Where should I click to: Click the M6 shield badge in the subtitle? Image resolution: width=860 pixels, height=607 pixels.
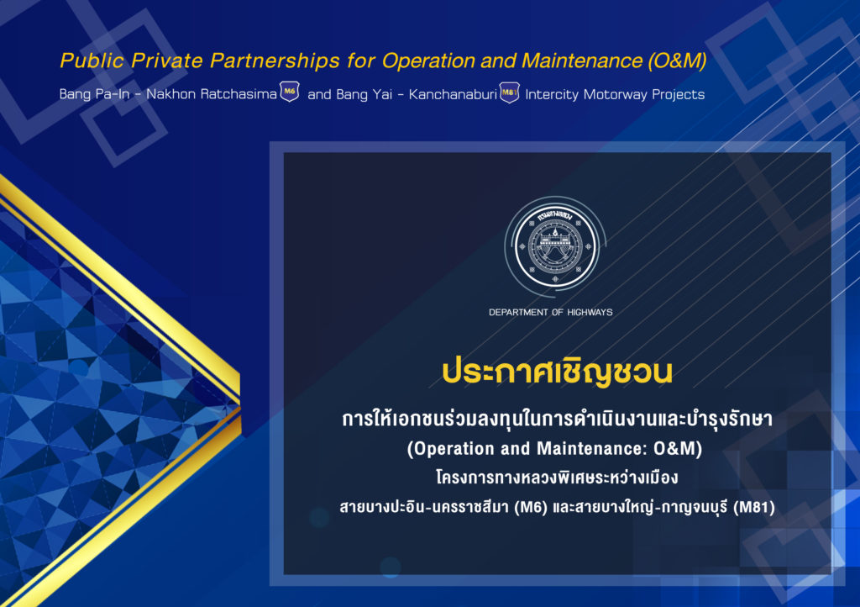pos(290,92)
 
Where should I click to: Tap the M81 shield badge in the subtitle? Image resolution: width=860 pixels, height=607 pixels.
pos(510,92)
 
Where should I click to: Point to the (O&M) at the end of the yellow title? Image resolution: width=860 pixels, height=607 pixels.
pos(677,61)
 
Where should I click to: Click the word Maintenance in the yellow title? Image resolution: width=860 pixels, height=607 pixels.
pos(582,61)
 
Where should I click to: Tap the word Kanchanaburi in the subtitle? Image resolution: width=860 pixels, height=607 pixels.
pos(453,94)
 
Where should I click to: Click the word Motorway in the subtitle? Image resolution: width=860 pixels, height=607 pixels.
pos(616,94)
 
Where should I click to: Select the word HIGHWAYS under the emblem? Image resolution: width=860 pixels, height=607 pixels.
pos(590,312)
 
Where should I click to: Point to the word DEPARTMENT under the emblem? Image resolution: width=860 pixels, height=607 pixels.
pos(518,312)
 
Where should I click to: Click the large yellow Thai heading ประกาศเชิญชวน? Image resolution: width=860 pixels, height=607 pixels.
pos(557,372)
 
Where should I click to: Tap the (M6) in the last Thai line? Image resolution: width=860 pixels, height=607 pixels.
pos(531,507)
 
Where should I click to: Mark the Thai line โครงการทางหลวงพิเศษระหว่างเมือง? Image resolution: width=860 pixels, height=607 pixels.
pos(557,478)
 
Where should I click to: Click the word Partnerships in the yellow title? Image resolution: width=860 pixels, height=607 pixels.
pos(275,61)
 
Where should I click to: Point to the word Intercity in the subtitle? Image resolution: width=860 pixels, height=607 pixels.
pos(552,95)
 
